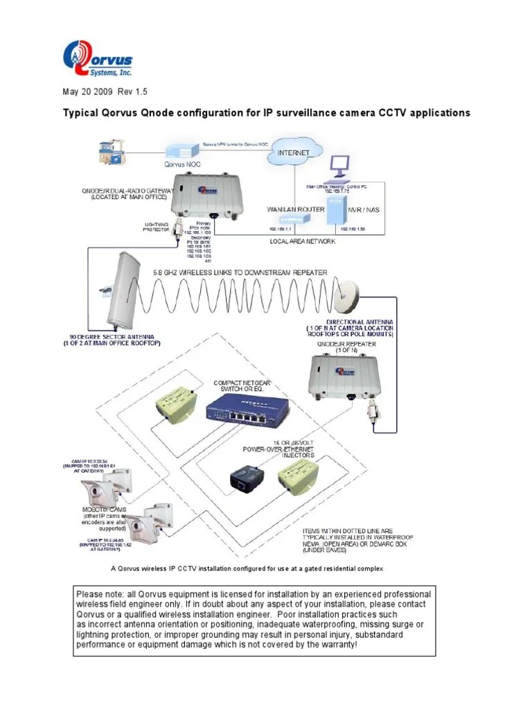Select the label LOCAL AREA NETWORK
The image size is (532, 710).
[x=303, y=241]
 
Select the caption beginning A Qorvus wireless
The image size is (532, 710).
[x=247, y=569]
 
